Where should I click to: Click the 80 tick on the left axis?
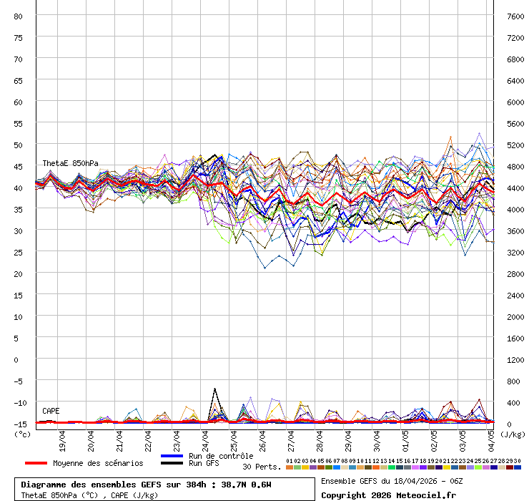(x=19, y=16)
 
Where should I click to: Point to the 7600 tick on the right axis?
(x=515, y=16)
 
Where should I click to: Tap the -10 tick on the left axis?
(x=19, y=402)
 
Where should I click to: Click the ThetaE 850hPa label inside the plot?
(x=70, y=163)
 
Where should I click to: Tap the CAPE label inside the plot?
(x=51, y=411)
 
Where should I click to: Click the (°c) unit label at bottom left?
(x=22, y=433)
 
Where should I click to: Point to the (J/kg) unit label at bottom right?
(x=512, y=434)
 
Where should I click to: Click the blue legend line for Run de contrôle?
(x=172, y=456)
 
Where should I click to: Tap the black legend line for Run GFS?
(x=172, y=463)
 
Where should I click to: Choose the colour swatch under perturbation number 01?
(x=289, y=467)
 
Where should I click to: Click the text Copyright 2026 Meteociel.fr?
(x=388, y=495)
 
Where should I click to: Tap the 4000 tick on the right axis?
(x=515, y=209)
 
